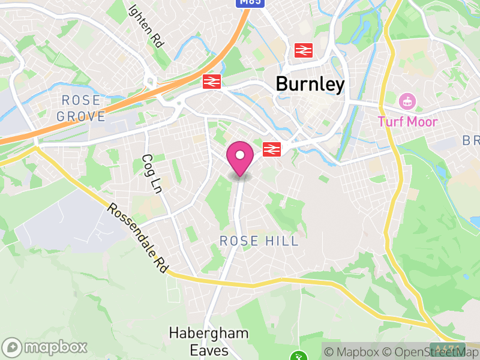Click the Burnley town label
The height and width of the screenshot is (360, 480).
(310, 85)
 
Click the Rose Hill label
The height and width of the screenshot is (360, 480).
(259, 241)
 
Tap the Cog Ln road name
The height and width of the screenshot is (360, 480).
(152, 174)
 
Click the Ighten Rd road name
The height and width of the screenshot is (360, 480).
(146, 26)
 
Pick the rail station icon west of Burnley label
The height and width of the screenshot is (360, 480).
(212, 82)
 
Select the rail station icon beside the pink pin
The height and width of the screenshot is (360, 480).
(272, 149)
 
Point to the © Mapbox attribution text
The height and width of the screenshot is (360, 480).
(351, 352)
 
